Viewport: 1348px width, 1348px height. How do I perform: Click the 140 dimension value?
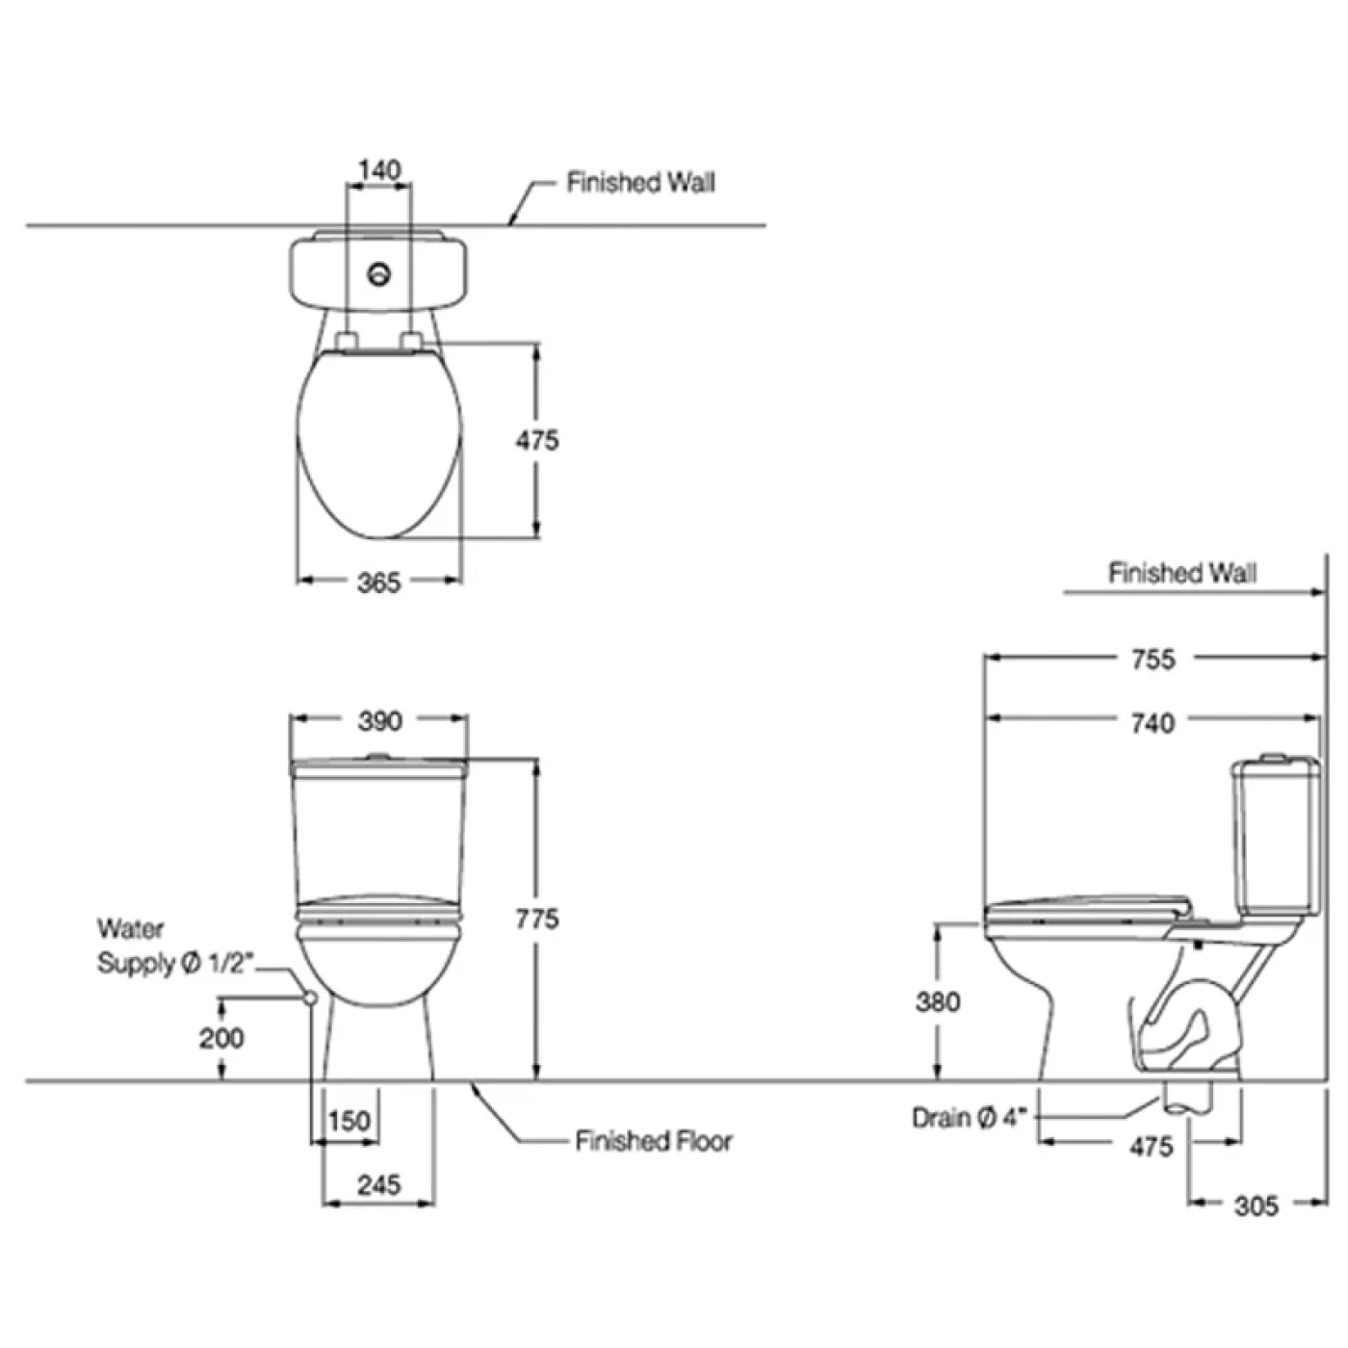pyautogui.click(x=379, y=170)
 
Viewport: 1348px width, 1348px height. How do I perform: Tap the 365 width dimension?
pyautogui.click(x=379, y=583)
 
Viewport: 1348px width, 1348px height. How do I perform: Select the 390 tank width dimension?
pyautogui.click(x=379, y=721)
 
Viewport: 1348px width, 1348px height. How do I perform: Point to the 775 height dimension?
pyautogui.click(x=537, y=919)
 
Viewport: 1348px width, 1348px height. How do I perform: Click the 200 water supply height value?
pyautogui.click(x=221, y=1038)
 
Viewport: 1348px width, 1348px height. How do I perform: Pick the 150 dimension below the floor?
pyautogui.click(x=350, y=1122)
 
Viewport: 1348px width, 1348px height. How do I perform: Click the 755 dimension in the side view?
pyautogui.click(x=1154, y=660)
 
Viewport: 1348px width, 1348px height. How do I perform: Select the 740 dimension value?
pyautogui.click(x=1154, y=722)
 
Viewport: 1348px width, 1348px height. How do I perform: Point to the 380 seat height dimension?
pyautogui.click(x=938, y=1001)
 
